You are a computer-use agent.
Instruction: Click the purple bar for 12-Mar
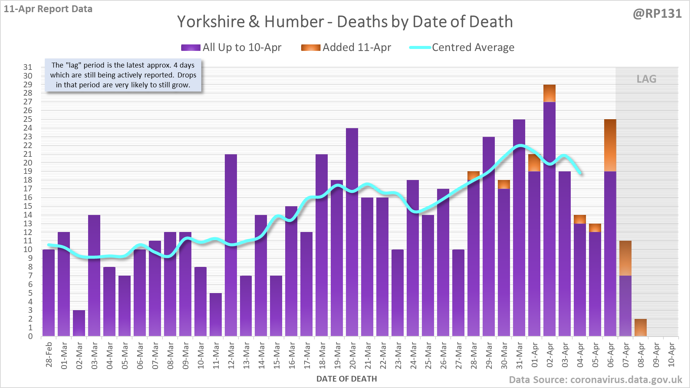coord(231,245)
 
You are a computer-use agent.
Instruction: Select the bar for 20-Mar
coord(352,232)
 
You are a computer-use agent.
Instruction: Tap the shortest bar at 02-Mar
coord(79,323)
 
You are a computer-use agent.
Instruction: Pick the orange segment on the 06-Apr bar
coord(610,145)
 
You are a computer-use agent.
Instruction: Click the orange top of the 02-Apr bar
coord(549,93)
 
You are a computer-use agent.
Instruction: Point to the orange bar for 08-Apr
coord(641,328)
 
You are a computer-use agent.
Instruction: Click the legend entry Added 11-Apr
coord(346,47)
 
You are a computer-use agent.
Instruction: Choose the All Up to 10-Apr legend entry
coord(231,47)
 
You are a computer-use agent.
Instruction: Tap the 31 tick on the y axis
coord(28,67)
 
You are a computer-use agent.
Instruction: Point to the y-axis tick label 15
coord(28,206)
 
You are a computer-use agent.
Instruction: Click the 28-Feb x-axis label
coord(49,355)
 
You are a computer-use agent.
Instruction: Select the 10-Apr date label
coord(671,355)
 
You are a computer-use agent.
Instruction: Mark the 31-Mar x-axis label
coord(519,355)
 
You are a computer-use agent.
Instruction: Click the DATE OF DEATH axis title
coord(346,379)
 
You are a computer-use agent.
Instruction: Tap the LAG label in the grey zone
coord(646,79)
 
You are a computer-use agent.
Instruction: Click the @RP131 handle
coord(657,14)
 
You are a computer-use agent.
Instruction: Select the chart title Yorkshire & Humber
coord(345,22)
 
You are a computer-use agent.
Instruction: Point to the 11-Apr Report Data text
coord(48,9)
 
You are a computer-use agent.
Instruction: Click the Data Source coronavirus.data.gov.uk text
coord(595,380)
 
